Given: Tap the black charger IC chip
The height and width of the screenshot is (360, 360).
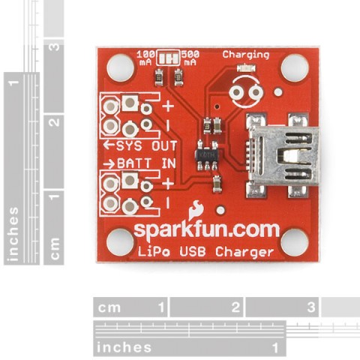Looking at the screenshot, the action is pos(207,155).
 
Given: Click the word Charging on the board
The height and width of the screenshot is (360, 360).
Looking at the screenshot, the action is pos(246,55).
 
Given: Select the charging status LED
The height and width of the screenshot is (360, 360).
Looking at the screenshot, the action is pos(246,68).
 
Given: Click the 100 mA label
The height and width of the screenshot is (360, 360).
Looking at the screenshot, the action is pos(144,58).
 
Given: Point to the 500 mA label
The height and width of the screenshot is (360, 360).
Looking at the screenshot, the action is pos(190,58).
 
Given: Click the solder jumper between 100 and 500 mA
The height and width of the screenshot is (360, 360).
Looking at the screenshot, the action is pos(168,58).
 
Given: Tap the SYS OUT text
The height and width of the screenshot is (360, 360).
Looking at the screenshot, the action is pos(140,145).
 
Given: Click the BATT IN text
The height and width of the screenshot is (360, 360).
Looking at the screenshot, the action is pos(140,163).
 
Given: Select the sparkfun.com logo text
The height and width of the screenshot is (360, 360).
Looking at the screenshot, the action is pos(207,230).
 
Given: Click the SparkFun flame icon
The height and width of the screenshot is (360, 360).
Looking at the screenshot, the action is pos(196,210).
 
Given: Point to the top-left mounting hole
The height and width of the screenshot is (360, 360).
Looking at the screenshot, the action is pos(121,67).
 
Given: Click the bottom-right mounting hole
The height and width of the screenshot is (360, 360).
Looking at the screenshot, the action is pos(295,242).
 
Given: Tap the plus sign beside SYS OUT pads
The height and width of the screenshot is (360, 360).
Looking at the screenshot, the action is pos(168,106).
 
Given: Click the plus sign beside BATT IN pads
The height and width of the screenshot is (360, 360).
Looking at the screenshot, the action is pos(168,184).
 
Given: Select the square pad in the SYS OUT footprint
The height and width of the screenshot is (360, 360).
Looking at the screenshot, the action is pos(130,103).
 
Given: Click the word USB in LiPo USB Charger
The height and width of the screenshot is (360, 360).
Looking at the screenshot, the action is pos(193,251).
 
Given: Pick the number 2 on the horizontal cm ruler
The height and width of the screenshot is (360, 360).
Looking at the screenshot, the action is pos(235,307).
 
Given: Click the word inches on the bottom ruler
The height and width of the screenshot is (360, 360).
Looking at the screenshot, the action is pos(124,347).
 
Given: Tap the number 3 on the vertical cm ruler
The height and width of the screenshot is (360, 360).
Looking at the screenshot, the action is pos(54,47).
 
